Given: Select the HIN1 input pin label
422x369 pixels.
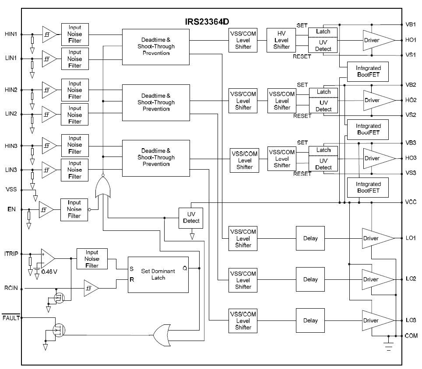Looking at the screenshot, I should [x=11, y=34].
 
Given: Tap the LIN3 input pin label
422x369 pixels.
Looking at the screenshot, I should [x=11, y=169].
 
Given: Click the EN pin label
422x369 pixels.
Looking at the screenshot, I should [x=11, y=209].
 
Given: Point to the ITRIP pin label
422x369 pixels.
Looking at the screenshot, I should [x=11, y=254].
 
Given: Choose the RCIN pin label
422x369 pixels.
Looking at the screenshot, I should [x=11, y=288].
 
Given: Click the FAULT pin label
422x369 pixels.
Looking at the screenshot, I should [x=11, y=318].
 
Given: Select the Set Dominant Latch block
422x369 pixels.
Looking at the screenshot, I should [x=158, y=274].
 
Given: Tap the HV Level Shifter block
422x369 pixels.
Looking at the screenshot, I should [x=281, y=40].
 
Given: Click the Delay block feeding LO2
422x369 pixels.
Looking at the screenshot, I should [x=310, y=279].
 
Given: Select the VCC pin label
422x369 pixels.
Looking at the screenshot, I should [x=411, y=202].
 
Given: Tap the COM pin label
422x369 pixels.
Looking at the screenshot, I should [x=411, y=336].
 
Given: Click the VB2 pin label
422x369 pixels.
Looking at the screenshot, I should [x=411, y=85].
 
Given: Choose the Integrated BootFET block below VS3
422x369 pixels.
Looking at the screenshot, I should [x=368, y=187].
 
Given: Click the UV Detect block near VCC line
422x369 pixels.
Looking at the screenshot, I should [x=191, y=217].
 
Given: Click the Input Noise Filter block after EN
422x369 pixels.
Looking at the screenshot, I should [x=74, y=209].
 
